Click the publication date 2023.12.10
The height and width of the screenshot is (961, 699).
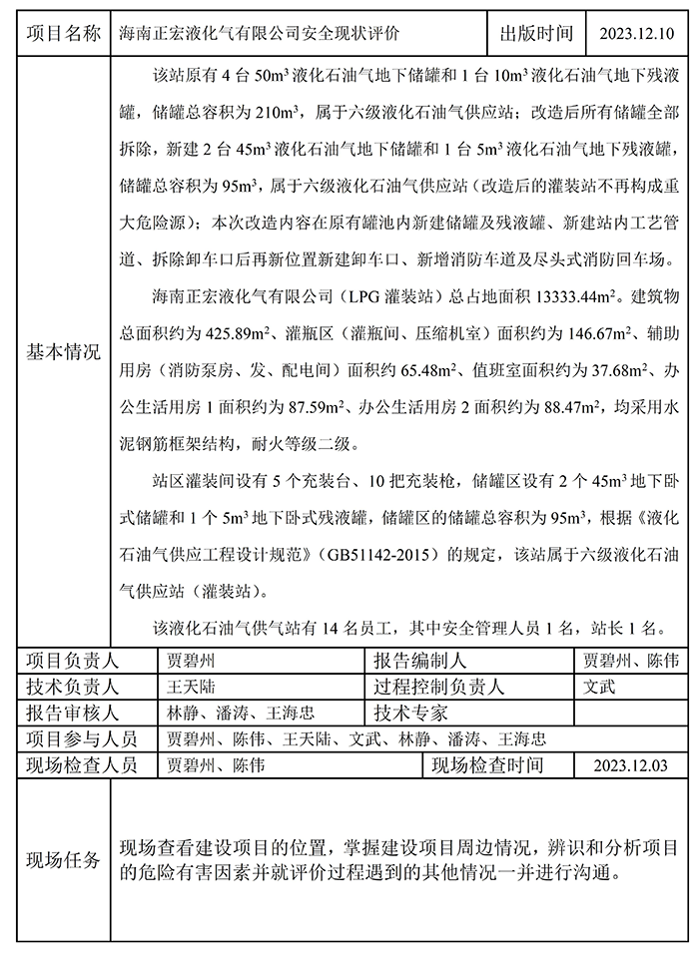(x=636, y=33)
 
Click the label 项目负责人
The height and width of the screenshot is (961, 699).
(x=72, y=661)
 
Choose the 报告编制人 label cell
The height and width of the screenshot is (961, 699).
(x=419, y=661)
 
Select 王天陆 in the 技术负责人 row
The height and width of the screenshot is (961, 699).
(x=191, y=688)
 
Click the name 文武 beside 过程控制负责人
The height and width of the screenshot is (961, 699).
(x=599, y=688)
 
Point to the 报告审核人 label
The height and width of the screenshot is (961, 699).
(x=72, y=714)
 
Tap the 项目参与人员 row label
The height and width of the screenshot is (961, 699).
(x=80, y=739)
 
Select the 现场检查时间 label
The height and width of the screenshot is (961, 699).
(x=487, y=765)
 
